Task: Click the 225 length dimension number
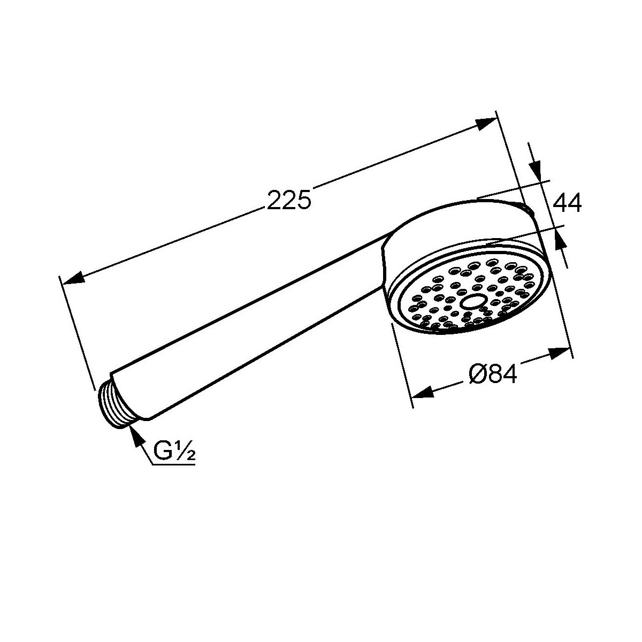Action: pos(289,200)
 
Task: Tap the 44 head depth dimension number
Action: pos(567,202)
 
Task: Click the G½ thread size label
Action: pos(174,451)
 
